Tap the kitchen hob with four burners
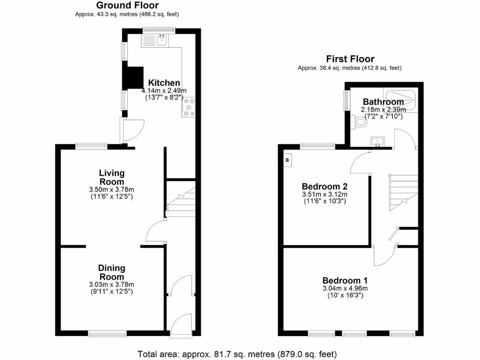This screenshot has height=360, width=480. [x=189, y=107]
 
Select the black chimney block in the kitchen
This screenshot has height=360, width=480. [x=133, y=78]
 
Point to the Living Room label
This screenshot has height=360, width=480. [x=112, y=178]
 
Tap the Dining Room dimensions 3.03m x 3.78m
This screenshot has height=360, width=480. [x=112, y=285]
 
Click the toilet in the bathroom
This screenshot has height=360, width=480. [x=360, y=123]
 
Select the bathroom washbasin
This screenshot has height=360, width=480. [x=377, y=141]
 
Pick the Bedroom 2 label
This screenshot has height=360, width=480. [x=324, y=185]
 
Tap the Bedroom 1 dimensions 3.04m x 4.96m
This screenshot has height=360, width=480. [x=345, y=289]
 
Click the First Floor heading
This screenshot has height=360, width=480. [x=350, y=59]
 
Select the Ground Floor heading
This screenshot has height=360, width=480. [x=127, y=5]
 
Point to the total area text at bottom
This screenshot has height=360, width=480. [x=237, y=354]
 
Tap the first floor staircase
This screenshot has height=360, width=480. [x=403, y=192]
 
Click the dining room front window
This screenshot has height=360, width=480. [x=107, y=334]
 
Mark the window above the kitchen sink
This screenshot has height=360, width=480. [x=159, y=31]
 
